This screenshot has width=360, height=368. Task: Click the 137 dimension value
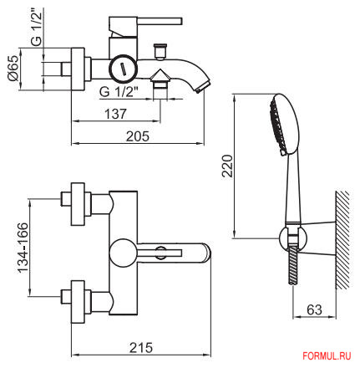point(115,114)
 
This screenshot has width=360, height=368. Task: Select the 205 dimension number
point(138,136)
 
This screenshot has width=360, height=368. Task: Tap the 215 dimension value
point(141,348)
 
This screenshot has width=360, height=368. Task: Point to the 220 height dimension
point(227,166)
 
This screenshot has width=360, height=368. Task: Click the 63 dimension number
point(314,309)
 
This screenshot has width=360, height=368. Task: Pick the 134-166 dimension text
point(23,248)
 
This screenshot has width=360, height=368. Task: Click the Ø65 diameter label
point(13,68)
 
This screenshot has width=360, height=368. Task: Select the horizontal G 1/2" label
point(119,92)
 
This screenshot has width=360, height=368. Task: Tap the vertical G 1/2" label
point(37,26)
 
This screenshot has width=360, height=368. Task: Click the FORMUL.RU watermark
point(327,356)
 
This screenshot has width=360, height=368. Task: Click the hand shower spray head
point(284,125)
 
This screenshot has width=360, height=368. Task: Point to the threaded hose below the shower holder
point(293,265)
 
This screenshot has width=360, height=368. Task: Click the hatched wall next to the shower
point(342,240)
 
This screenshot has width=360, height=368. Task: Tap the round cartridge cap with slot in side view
point(123,69)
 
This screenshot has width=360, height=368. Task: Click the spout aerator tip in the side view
point(203,86)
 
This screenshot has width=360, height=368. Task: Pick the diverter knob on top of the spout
point(160,52)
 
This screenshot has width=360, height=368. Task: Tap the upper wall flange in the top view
point(78,204)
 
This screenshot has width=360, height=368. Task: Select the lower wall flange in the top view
point(78,302)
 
